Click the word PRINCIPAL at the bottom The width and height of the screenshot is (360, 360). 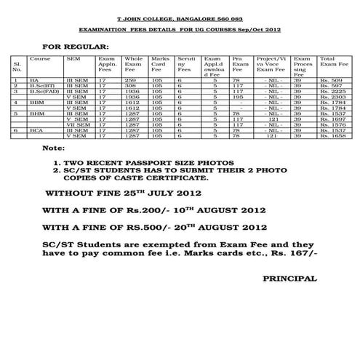tap(289, 279)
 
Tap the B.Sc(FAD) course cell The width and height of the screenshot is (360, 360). tap(41, 91)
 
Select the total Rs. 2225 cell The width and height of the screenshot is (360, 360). tap(332, 91)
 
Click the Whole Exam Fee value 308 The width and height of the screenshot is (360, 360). tap(130, 85)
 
